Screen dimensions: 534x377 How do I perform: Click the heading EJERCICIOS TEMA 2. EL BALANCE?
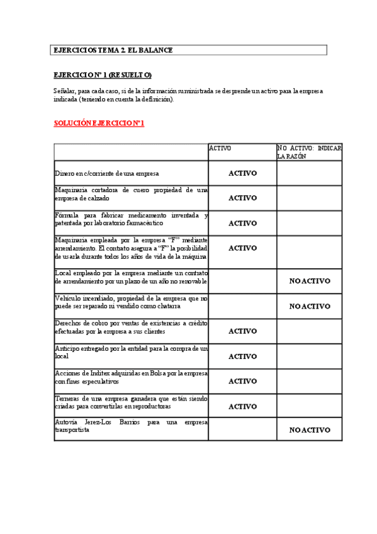pos(113,50)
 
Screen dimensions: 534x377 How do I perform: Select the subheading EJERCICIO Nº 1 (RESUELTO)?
pos(103,75)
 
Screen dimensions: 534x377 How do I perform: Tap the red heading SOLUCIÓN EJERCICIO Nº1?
pos(99,123)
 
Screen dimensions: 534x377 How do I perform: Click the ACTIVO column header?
pos(220,149)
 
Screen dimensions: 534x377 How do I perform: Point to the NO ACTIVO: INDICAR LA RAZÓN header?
pos(309,152)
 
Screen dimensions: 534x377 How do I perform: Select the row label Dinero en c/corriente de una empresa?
pos(106,173)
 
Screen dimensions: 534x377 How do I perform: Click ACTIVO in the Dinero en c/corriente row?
pos(242,173)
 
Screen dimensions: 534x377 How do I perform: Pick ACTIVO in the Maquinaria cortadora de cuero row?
pos(242,198)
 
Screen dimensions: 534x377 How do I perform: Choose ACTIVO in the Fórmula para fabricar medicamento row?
pos(242,223)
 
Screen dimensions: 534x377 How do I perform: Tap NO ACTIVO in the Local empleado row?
pos(310,281)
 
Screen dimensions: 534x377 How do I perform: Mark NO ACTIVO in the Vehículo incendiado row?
pos(310,306)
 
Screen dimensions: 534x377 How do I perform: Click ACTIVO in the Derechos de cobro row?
pos(242,331)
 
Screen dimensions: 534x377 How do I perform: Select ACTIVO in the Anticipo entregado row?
pos(242,356)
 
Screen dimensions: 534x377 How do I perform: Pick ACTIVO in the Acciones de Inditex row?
pos(242,381)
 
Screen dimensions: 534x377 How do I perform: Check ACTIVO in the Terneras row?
pos(242,406)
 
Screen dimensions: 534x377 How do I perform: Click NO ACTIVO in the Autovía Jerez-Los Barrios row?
pos(310,430)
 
